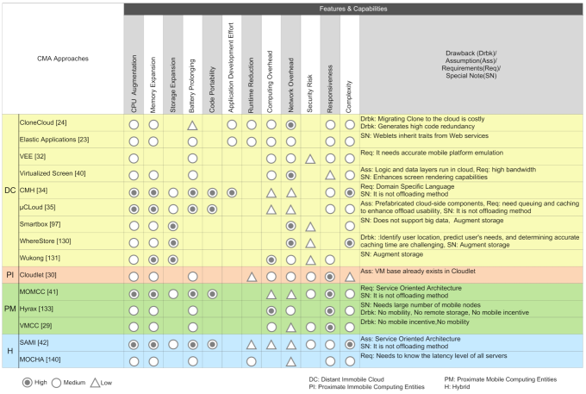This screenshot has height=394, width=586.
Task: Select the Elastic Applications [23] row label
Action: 53,139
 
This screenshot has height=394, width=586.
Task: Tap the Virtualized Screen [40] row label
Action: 53,173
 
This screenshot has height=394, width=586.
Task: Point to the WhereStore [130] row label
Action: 45,241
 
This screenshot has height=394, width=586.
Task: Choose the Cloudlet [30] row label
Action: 38,275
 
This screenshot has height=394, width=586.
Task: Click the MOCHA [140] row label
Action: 38,360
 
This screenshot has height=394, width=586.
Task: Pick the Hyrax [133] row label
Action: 36,309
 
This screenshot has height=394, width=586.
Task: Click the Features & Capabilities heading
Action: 353,8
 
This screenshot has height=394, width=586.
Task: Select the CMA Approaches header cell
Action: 63,59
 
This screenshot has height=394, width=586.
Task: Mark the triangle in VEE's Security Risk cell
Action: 310,159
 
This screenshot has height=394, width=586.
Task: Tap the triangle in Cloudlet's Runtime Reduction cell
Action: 252,277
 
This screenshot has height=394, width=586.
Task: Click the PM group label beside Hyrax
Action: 9,309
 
